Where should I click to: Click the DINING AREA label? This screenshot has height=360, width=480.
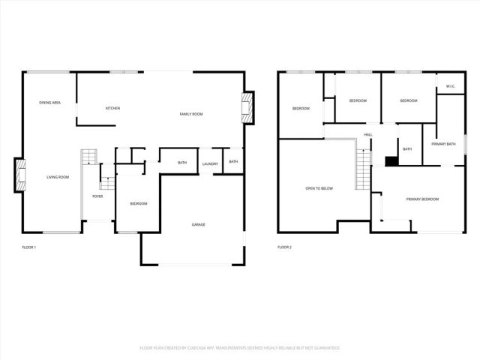pyautogui.click(x=50, y=102)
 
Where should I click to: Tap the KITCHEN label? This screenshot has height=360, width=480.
pyautogui.click(x=112, y=108)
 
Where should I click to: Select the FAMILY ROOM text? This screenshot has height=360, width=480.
pyautogui.click(x=191, y=114)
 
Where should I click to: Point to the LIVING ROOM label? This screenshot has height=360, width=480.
pyautogui.click(x=58, y=177)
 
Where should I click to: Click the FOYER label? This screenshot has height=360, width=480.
pyautogui.click(x=97, y=196)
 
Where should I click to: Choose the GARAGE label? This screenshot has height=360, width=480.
pyautogui.click(x=198, y=224)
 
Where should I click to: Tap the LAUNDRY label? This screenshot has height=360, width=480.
pyautogui.click(x=210, y=163)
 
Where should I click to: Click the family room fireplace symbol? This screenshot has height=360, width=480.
pyautogui.click(x=247, y=108)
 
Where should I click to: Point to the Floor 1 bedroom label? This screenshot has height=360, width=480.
pyautogui.click(x=138, y=204)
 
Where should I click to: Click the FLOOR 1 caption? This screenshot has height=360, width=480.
pyautogui.click(x=29, y=247)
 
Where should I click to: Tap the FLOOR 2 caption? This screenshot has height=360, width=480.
pyautogui.click(x=284, y=247)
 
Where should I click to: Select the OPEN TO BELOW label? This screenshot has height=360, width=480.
pyautogui.click(x=319, y=188)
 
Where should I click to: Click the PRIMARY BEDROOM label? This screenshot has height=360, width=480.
pyautogui.click(x=422, y=199)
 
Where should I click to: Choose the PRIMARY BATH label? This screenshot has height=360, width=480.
pyautogui.click(x=443, y=143)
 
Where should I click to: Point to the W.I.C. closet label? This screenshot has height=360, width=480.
pyautogui.click(x=450, y=86)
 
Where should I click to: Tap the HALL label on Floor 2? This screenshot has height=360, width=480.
pyautogui.click(x=368, y=135)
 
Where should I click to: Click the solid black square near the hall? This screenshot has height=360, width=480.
pyautogui.click(x=391, y=160)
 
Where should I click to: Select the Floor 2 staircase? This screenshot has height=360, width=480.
pyautogui.click(x=364, y=168)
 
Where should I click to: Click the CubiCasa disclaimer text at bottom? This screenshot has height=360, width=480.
pyautogui.click(x=240, y=348)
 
